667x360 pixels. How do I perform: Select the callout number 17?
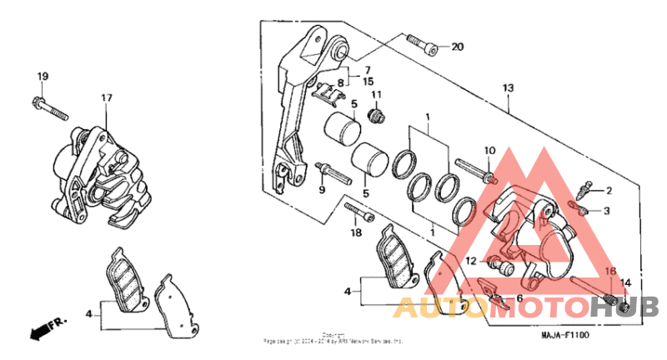coord(106,98)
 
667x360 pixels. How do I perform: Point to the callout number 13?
coord(508,87)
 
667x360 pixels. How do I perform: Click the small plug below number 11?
coord(375,114)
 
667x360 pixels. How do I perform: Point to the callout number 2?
coord(609,191)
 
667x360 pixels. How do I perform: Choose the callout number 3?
coord(608,210)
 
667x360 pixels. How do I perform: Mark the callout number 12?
coord(472,261)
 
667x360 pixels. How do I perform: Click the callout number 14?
coord(625,283)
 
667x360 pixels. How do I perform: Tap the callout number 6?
coord(519,298)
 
